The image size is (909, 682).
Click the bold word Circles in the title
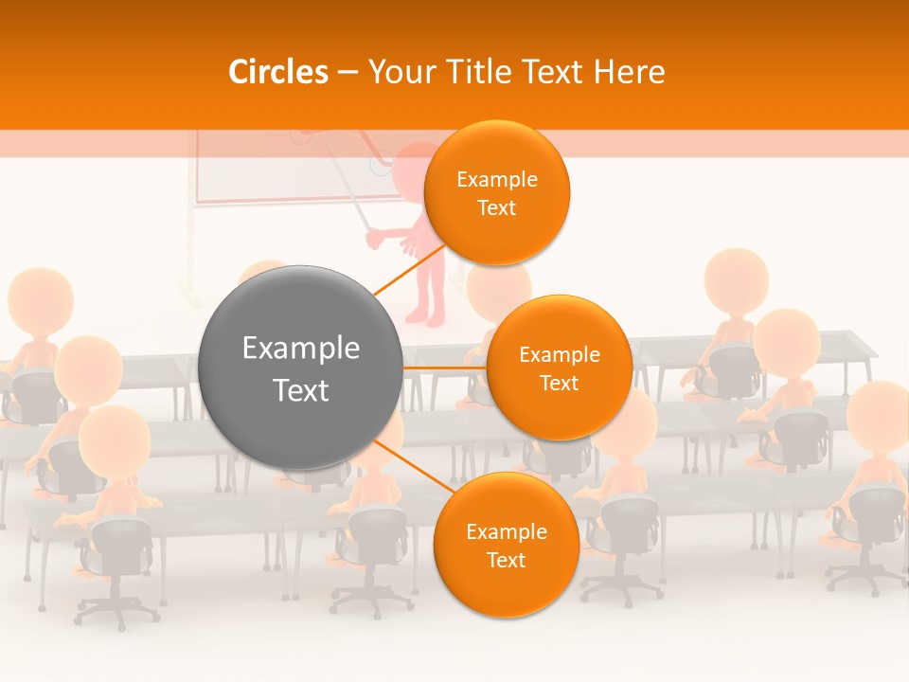coord(278,72)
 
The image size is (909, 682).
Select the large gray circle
coord(301,368)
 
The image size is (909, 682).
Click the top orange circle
coord(496,193)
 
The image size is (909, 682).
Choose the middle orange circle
coord(559,368)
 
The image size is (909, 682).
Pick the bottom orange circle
coord(506,546)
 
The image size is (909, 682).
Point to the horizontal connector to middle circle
coord(444,368)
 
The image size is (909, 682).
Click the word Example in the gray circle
coord(301,349)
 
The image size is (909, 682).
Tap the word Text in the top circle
coord(496,208)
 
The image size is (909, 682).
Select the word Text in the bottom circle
coord(506,561)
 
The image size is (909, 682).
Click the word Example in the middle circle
coord(559,354)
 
